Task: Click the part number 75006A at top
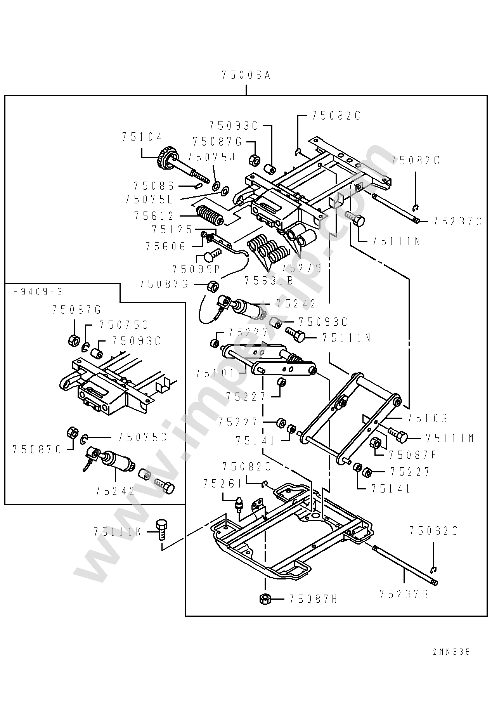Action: [x=246, y=75]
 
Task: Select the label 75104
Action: [x=142, y=137]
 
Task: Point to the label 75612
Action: [x=154, y=216]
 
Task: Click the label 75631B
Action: [x=269, y=280]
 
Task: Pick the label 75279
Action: [x=301, y=268]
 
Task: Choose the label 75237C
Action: [x=457, y=221]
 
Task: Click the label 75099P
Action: [x=196, y=269]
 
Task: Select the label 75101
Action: [x=215, y=373]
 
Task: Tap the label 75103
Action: [x=427, y=418]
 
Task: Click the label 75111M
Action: [x=450, y=439]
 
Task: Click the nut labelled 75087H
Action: [x=265, y=598]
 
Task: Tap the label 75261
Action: [x=223, y=484]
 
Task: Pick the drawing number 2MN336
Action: [x=451, y=652]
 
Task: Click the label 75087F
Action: [x=413, y=455]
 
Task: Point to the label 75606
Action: [x=166, y=246]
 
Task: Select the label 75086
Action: [x=154, y=186]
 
